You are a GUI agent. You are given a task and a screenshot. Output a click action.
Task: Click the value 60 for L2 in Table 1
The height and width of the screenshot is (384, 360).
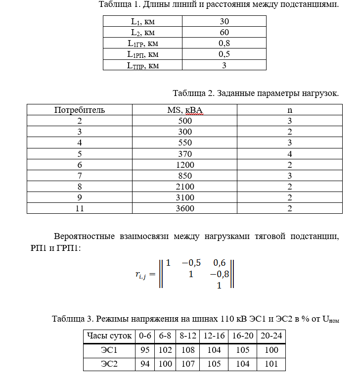[x=224, y=32]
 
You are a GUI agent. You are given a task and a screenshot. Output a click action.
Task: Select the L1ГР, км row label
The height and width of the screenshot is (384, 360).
[x=142, y=43]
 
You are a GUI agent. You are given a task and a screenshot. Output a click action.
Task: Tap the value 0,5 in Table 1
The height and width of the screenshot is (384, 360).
[x=224, y=54]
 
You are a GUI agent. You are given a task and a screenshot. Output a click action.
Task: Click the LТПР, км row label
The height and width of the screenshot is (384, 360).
[x=142, y=65]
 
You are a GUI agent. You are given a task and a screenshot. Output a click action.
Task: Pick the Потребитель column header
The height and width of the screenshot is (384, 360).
[x=80, y=110]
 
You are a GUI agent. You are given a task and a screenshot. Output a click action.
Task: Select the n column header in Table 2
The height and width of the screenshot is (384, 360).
[x=290, y=110]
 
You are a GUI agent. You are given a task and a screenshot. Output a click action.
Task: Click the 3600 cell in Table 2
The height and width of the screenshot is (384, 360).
[x=185, y=208]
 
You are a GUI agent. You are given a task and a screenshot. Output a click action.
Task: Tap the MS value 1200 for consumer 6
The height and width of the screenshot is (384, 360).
[x=185, y=165]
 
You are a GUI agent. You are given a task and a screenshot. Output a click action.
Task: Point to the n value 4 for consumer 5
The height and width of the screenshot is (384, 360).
[x=290, y=154]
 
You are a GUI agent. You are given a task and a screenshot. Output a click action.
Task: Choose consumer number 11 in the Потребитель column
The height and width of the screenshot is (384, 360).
[x=80, y=208]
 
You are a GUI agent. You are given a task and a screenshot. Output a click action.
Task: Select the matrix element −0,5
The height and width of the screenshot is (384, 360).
[x=191, y=262]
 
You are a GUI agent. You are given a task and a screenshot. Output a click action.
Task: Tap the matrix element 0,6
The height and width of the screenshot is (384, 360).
[x=219, y=262]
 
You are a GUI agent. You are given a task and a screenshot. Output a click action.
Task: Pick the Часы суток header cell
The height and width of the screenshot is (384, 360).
[x=109, y=336]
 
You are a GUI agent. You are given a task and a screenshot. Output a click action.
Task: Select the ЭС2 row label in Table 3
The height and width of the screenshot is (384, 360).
[x=109, y=365]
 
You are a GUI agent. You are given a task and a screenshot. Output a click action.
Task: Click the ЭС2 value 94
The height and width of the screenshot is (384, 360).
[x=145, y=365]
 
